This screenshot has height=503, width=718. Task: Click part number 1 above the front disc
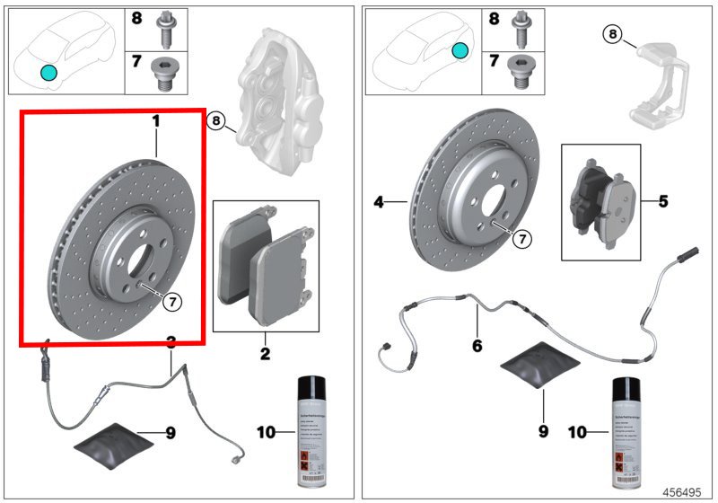(155, 119)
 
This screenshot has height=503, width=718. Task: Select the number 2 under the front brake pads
(265, 354)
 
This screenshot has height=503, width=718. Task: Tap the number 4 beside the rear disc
(380, 203)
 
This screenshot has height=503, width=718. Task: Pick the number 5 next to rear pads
(663, 201)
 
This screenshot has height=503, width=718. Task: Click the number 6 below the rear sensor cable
(477, 345)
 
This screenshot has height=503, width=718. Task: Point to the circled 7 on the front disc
(172, 302)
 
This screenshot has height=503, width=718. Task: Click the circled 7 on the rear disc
(522, 238)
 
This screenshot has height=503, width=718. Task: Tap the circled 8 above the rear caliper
(612, 34)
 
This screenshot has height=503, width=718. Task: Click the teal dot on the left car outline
(48, 72)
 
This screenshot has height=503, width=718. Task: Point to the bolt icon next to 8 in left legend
(167, 29)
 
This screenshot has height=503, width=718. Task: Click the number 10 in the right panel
(577, 432)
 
